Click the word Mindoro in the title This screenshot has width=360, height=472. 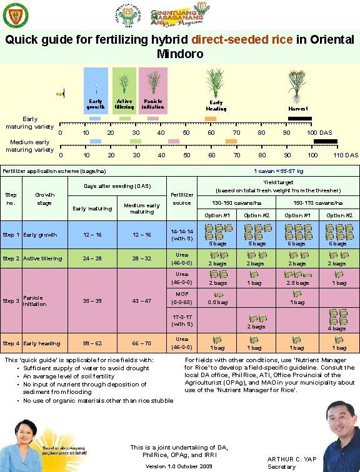click(180, 54)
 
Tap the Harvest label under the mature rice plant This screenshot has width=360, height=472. click(298, 109)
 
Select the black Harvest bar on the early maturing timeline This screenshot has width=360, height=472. click(299, 119)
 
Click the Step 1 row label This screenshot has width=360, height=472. click(11, 235)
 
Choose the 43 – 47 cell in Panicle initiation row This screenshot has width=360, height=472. click(142, 300)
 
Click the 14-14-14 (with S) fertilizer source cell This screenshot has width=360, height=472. click(182, 235)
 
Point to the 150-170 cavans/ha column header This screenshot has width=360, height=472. click(318, 204)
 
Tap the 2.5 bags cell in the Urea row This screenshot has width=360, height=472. click(297, 283)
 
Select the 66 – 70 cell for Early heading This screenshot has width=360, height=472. click(142, 343)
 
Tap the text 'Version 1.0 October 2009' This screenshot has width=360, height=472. click(179, 466)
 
